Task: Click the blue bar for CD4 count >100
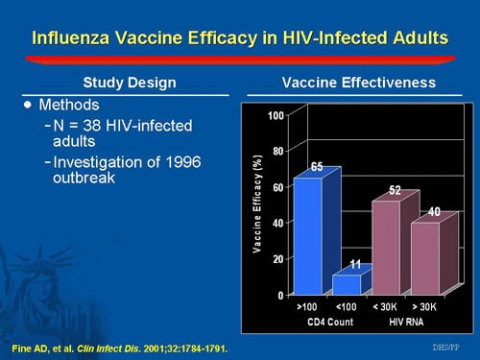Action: [308, 236]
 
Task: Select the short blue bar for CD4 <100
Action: [346, 284]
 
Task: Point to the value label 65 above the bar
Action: [316, 167]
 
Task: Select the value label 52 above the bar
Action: [394, 190]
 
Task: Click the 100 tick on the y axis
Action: [277, 116]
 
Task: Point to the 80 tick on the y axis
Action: [279, 152]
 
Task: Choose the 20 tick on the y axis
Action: [279, 259]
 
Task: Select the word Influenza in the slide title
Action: [73, 38]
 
